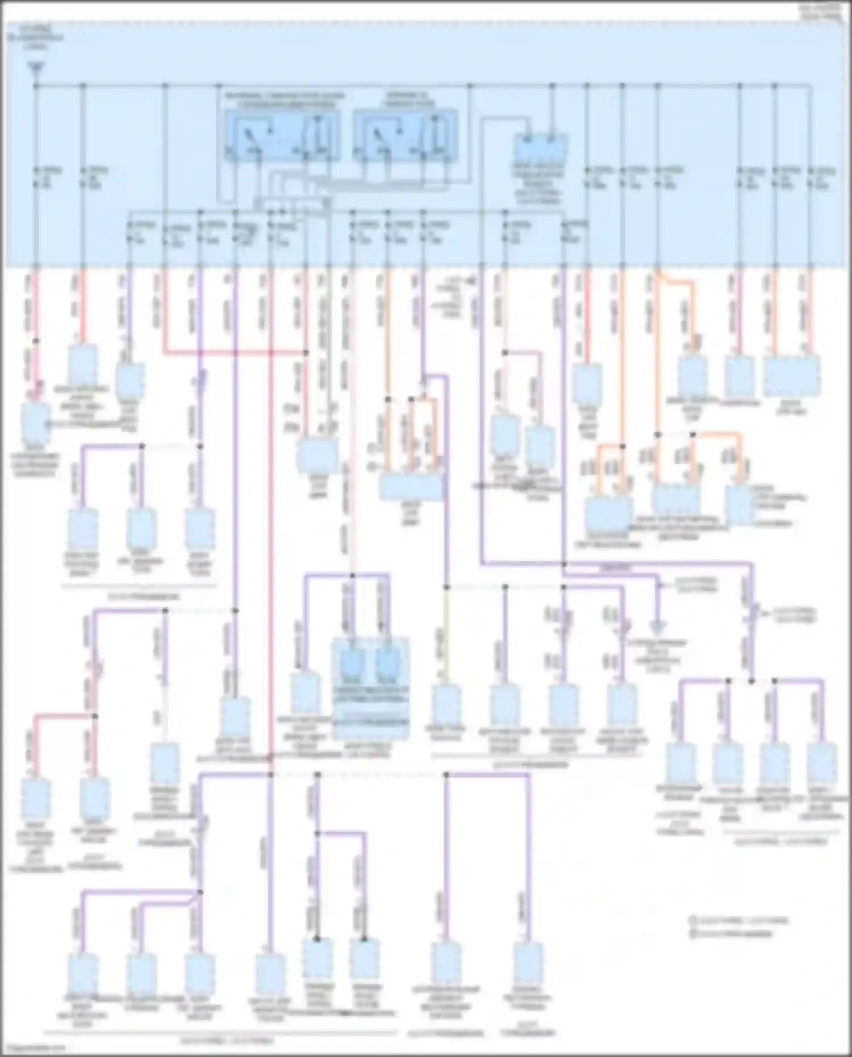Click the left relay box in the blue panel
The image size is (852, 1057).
(x=282, y=136)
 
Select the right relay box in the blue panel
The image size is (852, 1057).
(x=404, y=136)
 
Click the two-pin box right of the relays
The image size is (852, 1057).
(x=541, y=147)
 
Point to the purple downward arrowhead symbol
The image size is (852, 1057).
(x=658, y=626)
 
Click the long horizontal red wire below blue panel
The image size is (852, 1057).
(x=235, y=353)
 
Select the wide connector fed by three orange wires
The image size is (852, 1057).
(x=411, y=487)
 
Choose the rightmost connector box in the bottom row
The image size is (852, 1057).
(x=528, y=961)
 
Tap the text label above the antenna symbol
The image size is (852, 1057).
(x=35, y=37)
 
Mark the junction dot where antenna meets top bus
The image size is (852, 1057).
(x=35, y=86)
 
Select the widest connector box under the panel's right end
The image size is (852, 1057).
(x=792, y=376)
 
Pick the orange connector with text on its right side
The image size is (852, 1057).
(x=740, y=503)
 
